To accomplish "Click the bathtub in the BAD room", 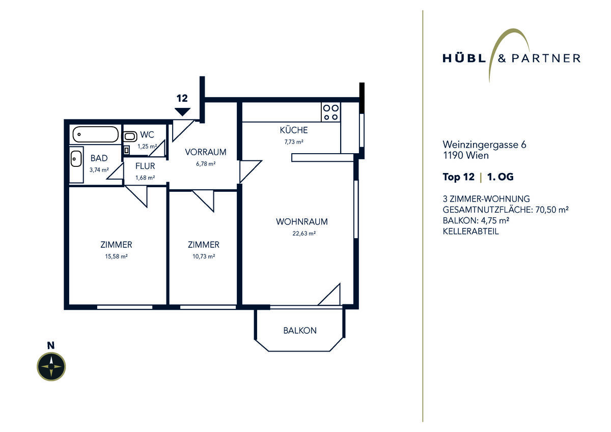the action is (x=96, y=134).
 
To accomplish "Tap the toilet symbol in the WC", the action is (x=130, y=136).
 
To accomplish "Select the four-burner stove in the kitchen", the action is (x=331, y=112).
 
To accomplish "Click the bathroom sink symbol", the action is (x=76, y=159).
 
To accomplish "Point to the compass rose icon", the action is (x=51, y=366).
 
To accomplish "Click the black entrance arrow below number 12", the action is (x=182, y=112).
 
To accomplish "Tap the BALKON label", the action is (x=300, y=331).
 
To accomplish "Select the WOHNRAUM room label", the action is (x=301, y=221).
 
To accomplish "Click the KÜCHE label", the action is (x=294, y=130).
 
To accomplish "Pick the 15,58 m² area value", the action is (x=116, y=256).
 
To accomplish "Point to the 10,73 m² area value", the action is (x=204, y=256).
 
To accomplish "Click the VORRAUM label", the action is (x=206, y=152).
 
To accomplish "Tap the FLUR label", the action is (x=145, y=166).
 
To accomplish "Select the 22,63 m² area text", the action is (x=304, y=234).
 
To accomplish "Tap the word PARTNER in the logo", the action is (x=546, y=59).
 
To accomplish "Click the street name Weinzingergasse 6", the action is (x=484, y=145).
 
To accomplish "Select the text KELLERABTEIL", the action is (x=471, y=232).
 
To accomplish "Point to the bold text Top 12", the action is (x=459, y=177).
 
